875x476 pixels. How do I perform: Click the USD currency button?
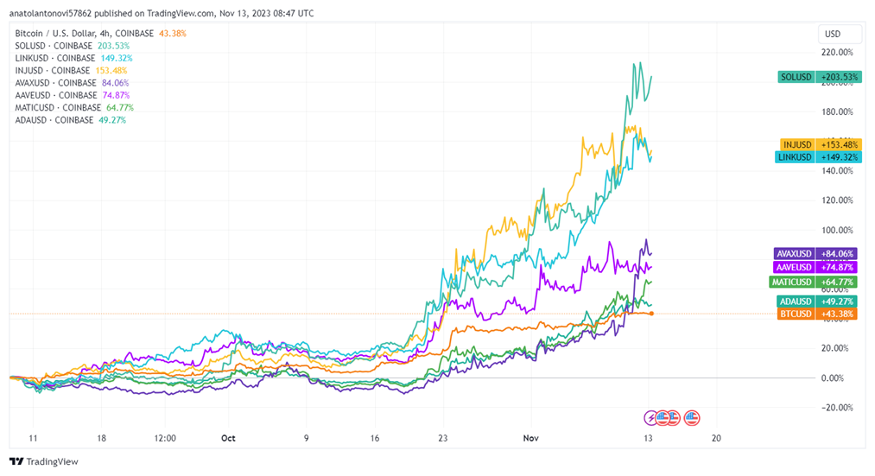(833, 35)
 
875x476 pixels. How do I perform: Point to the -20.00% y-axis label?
(834, 408)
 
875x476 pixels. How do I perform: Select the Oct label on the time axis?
(228, 438)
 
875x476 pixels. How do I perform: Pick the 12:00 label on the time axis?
(165, 438)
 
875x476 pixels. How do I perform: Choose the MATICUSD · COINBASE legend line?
(58, 107)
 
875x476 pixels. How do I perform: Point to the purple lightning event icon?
(652, 418)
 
